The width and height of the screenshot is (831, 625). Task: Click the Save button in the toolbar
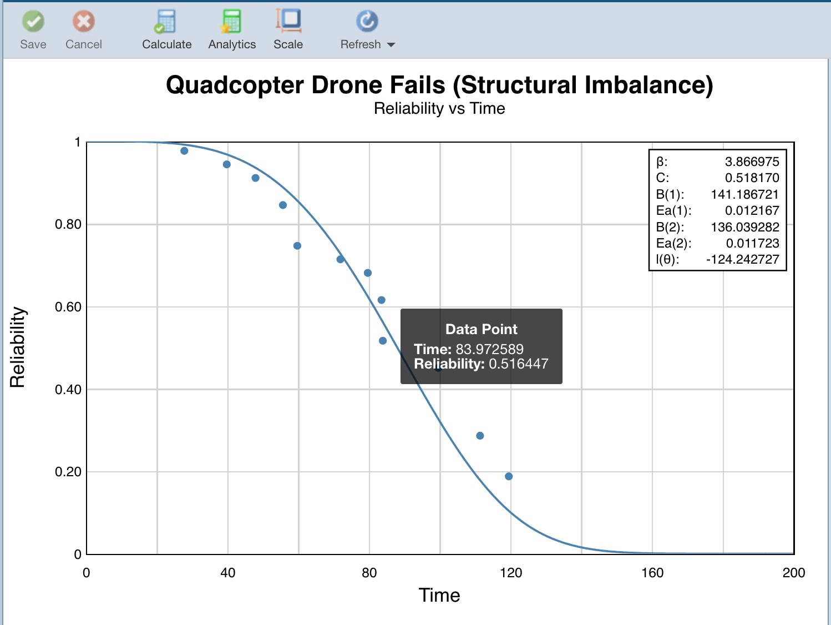(33, 30)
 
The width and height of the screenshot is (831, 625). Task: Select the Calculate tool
(166, 30)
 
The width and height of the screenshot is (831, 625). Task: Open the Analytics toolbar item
(232, 30)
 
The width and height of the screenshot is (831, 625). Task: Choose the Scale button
(288, 30)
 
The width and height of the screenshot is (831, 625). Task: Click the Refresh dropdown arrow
(391, 45)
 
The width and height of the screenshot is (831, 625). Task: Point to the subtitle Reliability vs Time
(439, 108)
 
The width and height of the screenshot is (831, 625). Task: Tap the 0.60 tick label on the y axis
(68, 307)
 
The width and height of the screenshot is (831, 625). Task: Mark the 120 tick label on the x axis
(510, 573)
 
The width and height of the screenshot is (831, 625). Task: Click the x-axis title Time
(439, 595)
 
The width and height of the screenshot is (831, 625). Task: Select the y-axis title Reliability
(18, 347)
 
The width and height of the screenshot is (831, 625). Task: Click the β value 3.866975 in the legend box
(752, 162)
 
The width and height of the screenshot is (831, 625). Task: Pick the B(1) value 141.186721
(744, 194)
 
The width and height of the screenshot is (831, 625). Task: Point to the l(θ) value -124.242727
(742, 259)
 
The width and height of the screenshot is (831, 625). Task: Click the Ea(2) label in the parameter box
(673, 243)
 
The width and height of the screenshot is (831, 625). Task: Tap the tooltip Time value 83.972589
(489, 349)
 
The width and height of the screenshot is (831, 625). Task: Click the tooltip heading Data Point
(481, 329)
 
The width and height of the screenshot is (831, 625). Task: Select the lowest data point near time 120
(509, 476)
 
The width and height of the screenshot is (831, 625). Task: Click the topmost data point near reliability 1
(184, 151)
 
